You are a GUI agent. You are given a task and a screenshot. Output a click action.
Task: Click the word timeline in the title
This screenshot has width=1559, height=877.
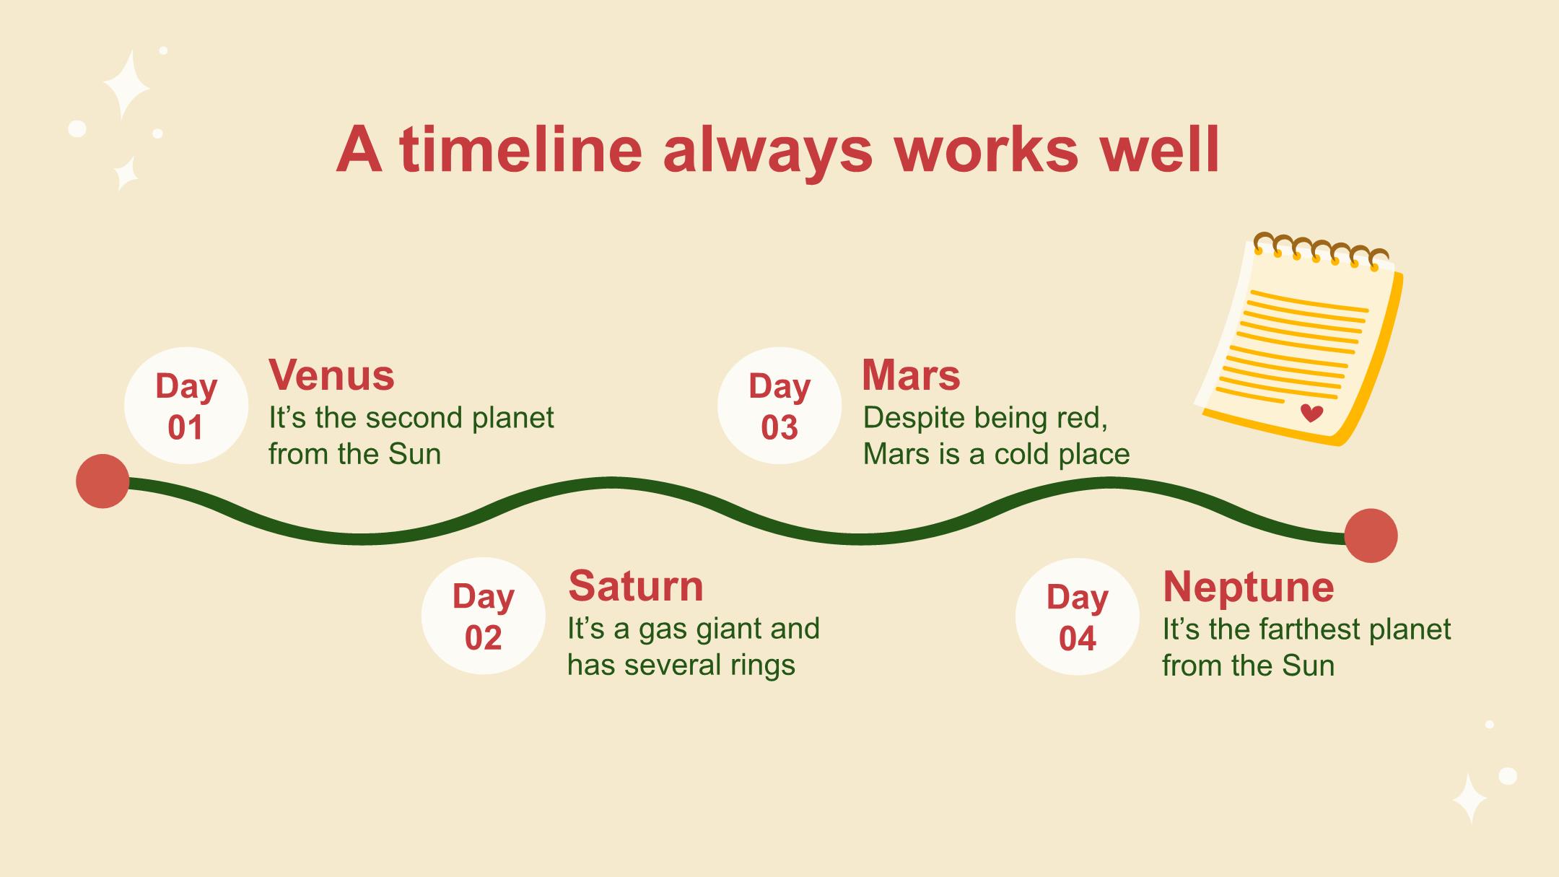520,149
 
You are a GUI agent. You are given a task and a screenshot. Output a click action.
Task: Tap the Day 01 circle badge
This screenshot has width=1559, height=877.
186,406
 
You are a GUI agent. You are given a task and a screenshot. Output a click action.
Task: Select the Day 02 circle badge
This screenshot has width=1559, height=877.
484,616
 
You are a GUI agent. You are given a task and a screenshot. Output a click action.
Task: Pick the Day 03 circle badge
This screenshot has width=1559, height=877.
779,406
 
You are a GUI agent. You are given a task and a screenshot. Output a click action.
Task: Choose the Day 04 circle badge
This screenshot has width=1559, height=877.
1078,617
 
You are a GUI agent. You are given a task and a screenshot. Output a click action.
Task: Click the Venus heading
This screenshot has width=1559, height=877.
332,375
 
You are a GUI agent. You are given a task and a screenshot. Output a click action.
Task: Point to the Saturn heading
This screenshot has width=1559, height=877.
635,585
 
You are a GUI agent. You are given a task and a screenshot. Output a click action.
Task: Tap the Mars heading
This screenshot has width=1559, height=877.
911,375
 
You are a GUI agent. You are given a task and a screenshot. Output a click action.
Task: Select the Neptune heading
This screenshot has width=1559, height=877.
1249,587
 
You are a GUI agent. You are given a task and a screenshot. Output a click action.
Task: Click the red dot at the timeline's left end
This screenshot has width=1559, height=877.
102,481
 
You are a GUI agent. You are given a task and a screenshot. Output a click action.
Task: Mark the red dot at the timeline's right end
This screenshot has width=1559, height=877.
1371,536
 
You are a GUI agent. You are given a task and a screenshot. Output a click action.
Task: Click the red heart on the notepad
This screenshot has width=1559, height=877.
1311,413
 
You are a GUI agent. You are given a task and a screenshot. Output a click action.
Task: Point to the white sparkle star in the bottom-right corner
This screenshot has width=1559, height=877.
1470,798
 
